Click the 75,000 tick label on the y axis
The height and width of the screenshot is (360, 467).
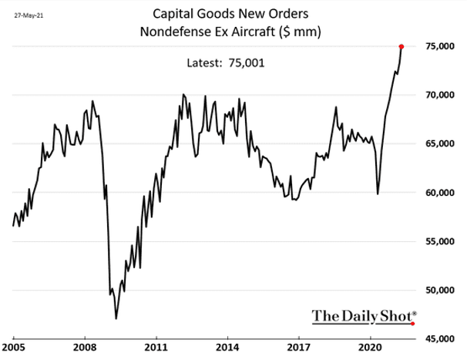441,47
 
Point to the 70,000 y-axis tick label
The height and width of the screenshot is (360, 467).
441,96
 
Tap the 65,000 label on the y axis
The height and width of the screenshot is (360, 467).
441,144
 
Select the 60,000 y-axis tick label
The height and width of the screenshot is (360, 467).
441,193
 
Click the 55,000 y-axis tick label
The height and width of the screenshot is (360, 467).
441,242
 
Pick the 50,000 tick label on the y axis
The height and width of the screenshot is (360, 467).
441,291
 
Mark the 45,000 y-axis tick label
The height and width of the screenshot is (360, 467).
441,339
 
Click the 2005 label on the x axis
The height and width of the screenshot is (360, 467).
14,348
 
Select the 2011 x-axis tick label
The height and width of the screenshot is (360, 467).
156,348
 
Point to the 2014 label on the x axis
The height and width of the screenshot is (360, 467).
228,348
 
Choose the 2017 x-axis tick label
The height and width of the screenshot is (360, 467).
300,348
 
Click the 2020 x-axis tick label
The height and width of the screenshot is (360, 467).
371,348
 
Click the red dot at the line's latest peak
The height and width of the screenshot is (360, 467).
401,46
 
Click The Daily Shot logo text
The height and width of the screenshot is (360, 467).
364,315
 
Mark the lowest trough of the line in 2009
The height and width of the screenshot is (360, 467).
116,318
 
